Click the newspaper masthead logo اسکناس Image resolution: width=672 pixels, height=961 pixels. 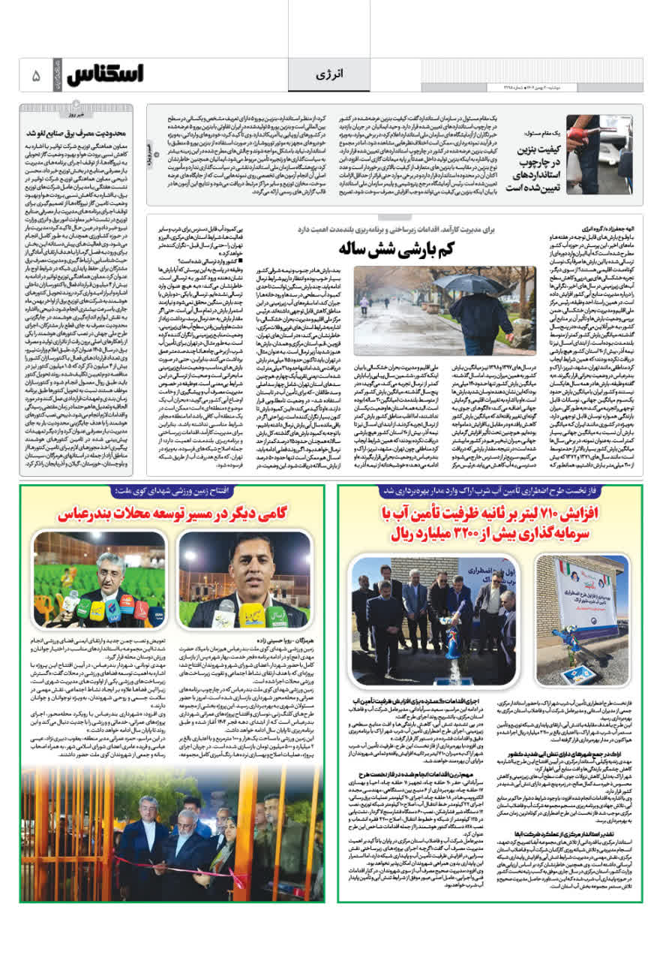pyautogui.click(x=104, y=75)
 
